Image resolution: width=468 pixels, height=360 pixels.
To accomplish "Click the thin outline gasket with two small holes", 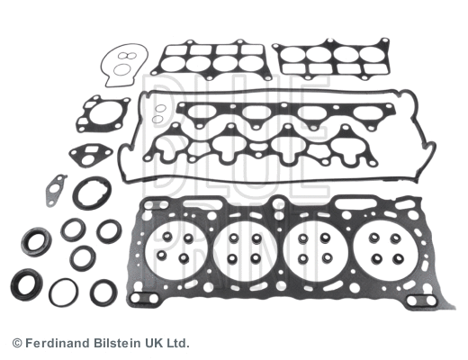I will pos(120,66).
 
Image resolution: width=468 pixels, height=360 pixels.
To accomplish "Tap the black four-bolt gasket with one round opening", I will pos(103,115).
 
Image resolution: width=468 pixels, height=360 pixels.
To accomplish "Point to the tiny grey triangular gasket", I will pos(56,189).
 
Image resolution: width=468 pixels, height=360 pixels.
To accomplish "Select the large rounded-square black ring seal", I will pos(92,193).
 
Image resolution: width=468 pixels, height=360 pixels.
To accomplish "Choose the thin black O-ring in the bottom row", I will pos(63,291).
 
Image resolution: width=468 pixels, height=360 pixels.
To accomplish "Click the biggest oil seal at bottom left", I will pos(26,284).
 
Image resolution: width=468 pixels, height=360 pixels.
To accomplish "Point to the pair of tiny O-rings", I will pos(158,114).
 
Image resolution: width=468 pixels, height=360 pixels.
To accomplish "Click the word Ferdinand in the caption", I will pos(54,344).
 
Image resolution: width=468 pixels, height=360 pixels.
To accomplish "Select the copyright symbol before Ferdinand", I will pos(16,344).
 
